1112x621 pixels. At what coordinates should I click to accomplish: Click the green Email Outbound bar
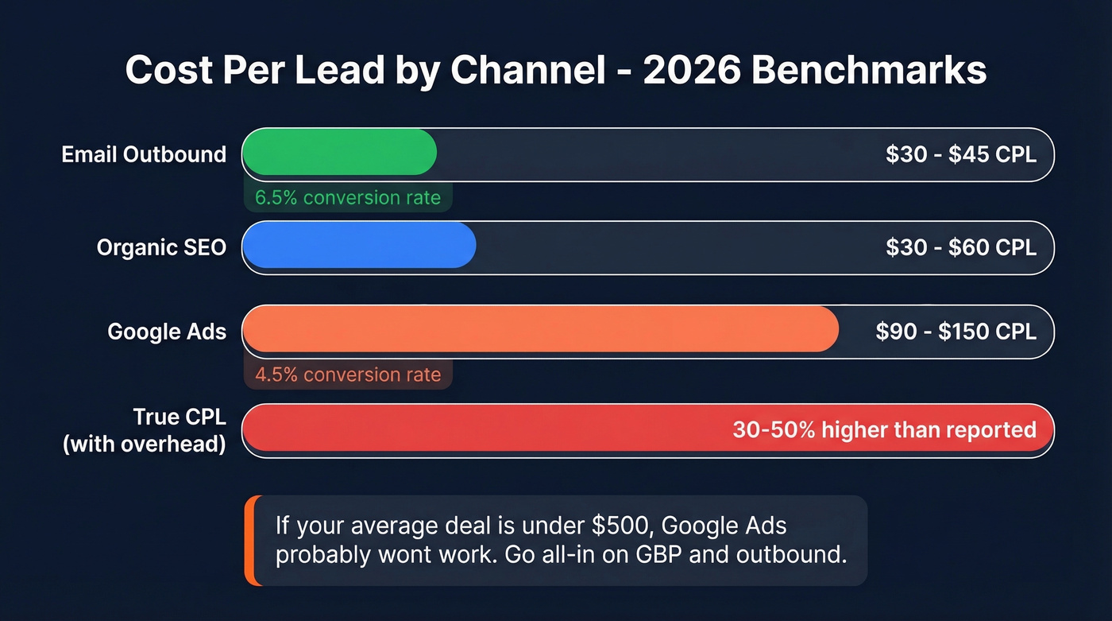(x=339, y=152)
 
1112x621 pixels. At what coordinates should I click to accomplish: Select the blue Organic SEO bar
(x=358, y=245)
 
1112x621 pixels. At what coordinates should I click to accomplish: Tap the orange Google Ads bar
(x=540, y=329)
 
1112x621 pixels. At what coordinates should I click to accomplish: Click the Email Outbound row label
(x=144, y=154)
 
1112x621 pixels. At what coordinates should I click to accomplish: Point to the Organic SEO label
(x=161, y=247)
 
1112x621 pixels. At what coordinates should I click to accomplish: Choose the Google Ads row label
(x=167, y=332)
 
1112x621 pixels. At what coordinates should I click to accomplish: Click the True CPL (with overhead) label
(x=144, y=430)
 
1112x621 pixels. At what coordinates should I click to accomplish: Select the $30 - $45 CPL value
(x=960, y=154)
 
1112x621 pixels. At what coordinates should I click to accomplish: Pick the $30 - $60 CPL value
(x=960, y=247)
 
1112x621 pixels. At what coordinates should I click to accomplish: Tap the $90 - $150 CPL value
(x=956, y=332)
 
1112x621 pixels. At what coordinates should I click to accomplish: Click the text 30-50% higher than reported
(x=884, y=430)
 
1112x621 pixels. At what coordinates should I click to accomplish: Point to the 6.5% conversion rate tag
(x=348, y=197)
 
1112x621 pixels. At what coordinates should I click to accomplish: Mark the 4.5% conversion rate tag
(x=348, y=375)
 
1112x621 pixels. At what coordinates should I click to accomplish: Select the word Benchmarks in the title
(x=869, y=71)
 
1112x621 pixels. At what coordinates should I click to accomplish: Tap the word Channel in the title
(x=528, y=71)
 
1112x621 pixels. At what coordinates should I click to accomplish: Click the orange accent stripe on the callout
(x=249, y=541)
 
